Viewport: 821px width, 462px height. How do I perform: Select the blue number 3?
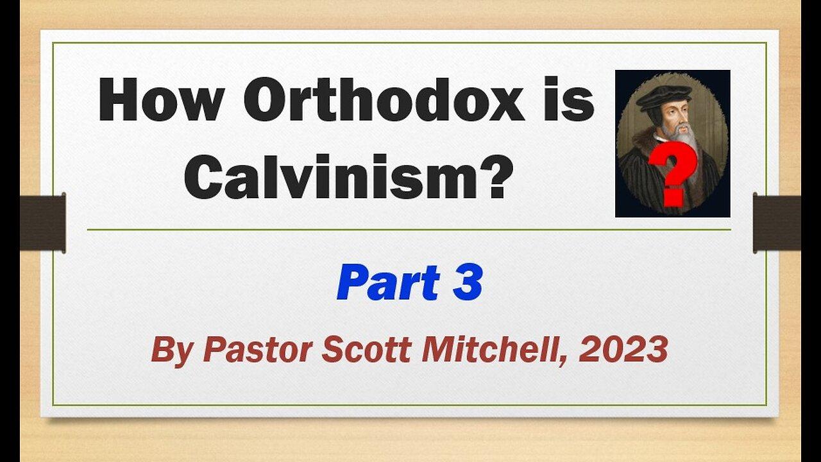[467, 283]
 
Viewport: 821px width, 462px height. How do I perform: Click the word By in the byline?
[169, 350]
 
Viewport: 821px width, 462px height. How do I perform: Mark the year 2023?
[623, 350]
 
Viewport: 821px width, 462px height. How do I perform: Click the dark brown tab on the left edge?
[42, 222]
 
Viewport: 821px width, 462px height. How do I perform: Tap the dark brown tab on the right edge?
[777, 222]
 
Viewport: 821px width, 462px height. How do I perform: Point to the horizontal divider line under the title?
[409, 229]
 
